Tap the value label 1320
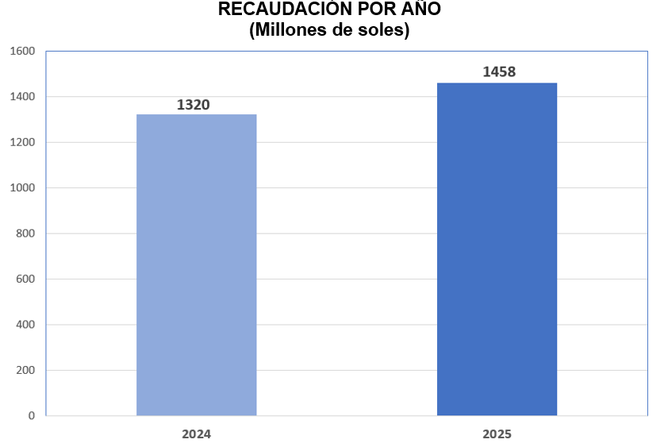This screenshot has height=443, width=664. (x=194, y=105)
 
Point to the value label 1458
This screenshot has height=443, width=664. (x=499, y=72)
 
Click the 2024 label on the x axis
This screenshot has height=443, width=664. (x=196, y=433)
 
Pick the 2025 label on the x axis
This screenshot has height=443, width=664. (x=497, y=433)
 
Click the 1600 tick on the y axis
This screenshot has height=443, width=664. (x=22, y=52)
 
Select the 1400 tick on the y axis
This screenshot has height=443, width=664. (x=22, y=97)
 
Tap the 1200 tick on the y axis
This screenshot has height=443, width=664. (x=22, y=143)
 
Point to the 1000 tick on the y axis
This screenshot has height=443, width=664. (x=22, y=188)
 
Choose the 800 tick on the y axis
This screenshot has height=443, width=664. (x=25, y=233)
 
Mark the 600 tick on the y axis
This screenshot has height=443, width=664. (x=25, y=279)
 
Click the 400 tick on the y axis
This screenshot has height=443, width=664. (x=25, y=325)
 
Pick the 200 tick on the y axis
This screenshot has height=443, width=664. (x=25, y=371)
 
